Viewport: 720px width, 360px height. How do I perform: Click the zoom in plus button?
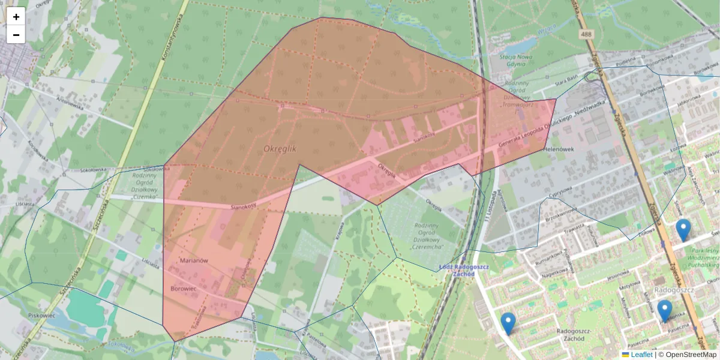pyautogui.click(x=16, y=16)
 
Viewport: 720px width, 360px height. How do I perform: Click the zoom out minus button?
pyautogui.click(x=16, y=35)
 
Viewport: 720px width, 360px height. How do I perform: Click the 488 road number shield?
pyautogui.click(x=586, y=35)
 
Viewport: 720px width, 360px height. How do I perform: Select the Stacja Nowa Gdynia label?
pyautogui.click(x=516, y=61)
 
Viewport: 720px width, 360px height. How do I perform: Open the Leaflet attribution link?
pyautogui.click(x=641, y=355)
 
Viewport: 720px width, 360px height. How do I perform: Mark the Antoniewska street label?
pyautogui.click(x=68, y=102)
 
